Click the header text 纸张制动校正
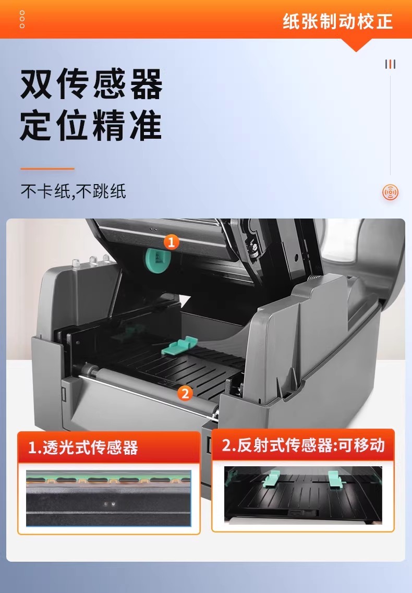pos(337,21)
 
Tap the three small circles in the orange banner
pos(22,19)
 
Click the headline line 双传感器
pos(91,84)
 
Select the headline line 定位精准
pos(91,125)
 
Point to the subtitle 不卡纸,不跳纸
pos(73,191)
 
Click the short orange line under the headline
pos(47,168)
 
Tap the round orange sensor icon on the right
pos(391,192)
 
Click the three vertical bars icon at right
pos(391,64)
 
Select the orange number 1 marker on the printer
pos(171,242)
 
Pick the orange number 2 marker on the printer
pos(185,393)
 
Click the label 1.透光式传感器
pos(83,448)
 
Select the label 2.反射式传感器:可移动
pos(303,445)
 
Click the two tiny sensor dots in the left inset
pos(110,504)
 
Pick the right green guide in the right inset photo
pos(336,479)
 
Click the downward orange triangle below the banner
pos(356,45)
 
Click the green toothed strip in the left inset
pos(108,479)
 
